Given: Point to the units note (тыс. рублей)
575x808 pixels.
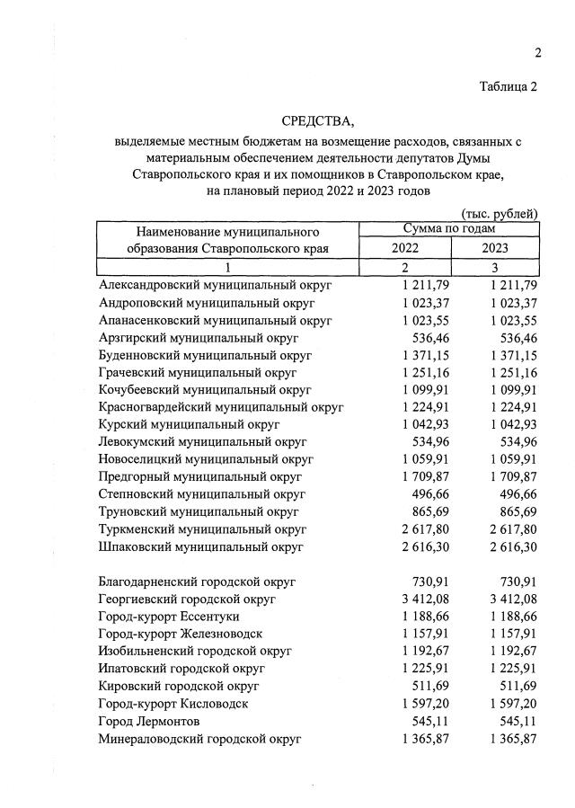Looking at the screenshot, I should [499, 214].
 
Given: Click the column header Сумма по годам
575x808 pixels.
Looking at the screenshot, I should [449, 229].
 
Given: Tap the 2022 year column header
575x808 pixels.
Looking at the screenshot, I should [405, 248].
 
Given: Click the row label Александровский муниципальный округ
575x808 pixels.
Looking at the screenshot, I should [216, 284].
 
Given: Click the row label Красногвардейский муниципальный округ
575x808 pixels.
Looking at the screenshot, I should [222, 407].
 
